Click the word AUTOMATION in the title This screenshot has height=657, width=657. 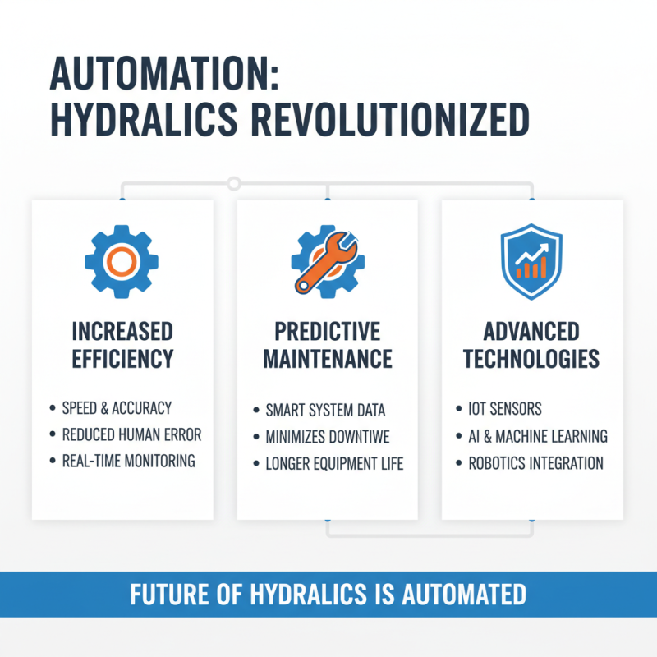pyautogui.click(x=164, y=76)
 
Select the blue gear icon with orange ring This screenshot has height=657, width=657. pyautogui.click(x=122, y=262)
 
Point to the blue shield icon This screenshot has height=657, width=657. pyautogui.click(x=531, y=260)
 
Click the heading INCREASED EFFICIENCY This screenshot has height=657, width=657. pyautogui.click(x=122, y=345)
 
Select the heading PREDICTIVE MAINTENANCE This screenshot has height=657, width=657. pyautogui.click(x=327, y=345)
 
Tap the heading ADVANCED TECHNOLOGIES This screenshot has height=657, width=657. pyautogui.click(x=531, y=345)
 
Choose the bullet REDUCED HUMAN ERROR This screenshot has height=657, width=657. pyautogui.click(x=131, y=434)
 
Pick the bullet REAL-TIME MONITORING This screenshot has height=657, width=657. pyautogui.click(x=129, y=461)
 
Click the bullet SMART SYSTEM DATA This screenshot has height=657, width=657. pyautogui.click(x=325, y=410)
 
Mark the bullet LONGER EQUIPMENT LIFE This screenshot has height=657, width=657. pyautogui.click(x=334, y=463)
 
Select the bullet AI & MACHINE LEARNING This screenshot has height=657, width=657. pyautogui.click(x=538, y=435)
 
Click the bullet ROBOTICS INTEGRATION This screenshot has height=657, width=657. pyautogui.click(x=535, y=463)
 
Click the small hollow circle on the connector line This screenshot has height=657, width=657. pyautogui.click(x=234, y=182)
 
